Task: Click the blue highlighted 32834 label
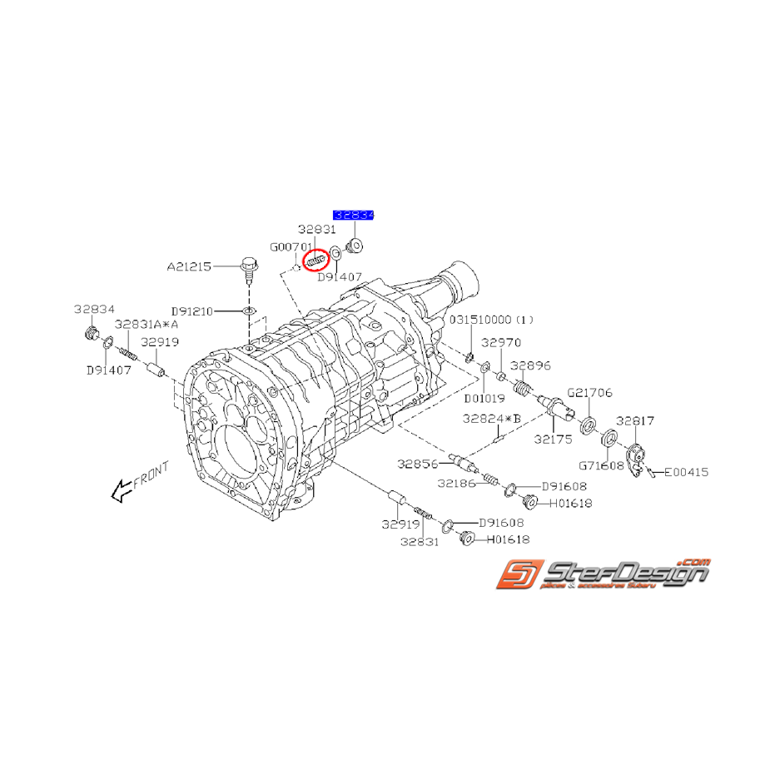pyautogui.click(x=354, y=215)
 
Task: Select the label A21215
pyautogui.click(x=189, y=267)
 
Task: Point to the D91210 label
pyautogui.click(x=192, y=311)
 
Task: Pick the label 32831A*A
pyautogui.click(x=147, y=325)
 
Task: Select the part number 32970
pyautogui.click(x=500, y=341)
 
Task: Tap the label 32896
pyautogui.click(x=530, y=365)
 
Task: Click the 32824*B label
pyautogui.click(x=492, y=419)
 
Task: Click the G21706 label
pyautogui.click(x=589, y=392)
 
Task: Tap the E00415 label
pyautogui.click(x=686, y=472)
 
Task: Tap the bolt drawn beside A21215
pyautogui.click(x=248, y=266)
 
